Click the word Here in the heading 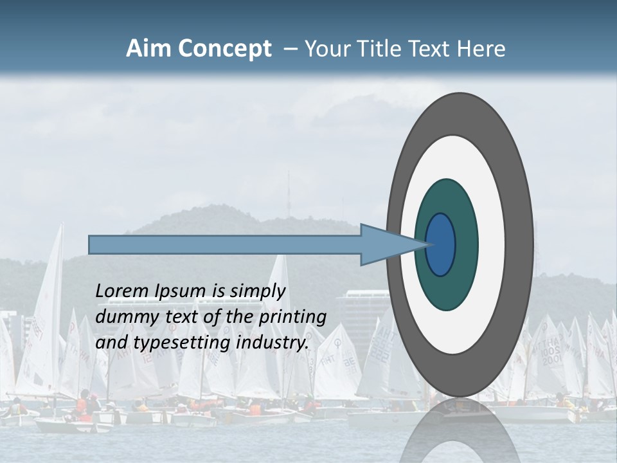click(x=482, y=49)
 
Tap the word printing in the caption click(x=292, y=317)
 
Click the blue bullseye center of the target click(x=441, y=245)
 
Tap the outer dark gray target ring click(x=522, y=245)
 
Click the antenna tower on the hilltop click(x=288, y=193)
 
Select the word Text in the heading click(x=430, y=49)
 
